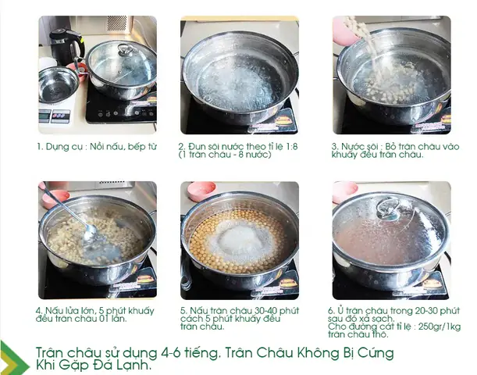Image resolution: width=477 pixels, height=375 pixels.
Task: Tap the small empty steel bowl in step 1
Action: click(x=57, y=84)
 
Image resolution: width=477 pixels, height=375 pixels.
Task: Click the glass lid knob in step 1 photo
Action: click(x=123, y=51)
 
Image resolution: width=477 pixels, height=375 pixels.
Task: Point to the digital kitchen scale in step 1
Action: click(x=55, y=114)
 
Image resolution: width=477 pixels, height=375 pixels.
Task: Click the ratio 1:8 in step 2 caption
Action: click(x=284, y=145)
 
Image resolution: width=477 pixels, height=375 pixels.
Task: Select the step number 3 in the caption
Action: click(x=333, y=145)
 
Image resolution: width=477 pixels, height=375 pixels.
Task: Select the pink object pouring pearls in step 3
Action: click(x=341, y=30)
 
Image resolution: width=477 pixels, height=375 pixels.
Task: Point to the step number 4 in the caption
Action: click(x=38, y=309)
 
